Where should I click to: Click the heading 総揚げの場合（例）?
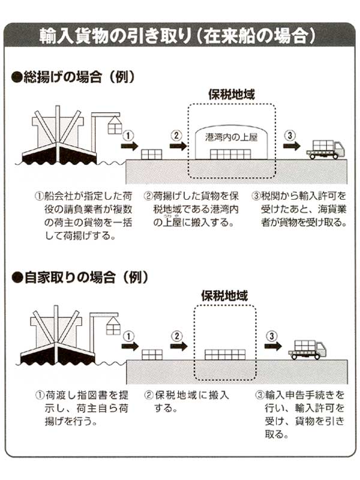click(72, 77)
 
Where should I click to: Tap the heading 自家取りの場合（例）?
click(76, 278)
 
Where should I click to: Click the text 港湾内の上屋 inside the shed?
click(231, 136)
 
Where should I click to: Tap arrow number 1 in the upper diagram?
click(130, 145)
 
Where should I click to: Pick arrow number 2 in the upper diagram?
click(178, 145)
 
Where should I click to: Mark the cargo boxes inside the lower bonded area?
click(225, 354)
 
